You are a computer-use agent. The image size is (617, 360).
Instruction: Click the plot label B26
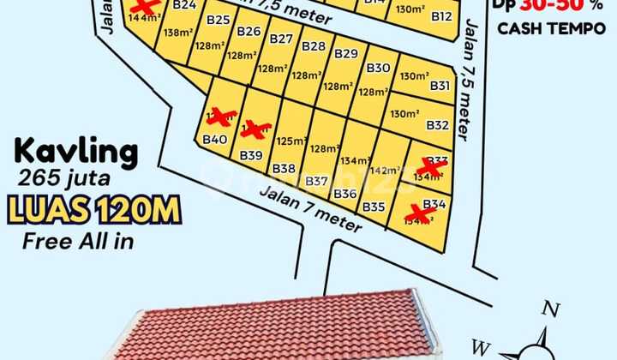(x=249, y=32)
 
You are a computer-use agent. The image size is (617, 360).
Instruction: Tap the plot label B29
(x=346, y=53)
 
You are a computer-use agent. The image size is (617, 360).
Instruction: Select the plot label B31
(x=440, y=86)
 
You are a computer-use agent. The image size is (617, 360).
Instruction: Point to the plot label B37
(x=316, y=181)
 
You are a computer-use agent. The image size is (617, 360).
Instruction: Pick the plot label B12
(x=441, y=15)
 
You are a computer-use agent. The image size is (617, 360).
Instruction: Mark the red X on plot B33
(x=432, y=167)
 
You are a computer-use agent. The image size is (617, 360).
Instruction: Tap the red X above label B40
(x=221, y=117)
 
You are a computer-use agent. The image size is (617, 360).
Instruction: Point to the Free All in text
(x=78, y=241)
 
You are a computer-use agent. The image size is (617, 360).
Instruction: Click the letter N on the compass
(x=553, y=310)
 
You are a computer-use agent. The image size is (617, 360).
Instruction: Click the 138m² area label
(x=177, y=33)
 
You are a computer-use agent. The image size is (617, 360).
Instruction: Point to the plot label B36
(x=345, y=194)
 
